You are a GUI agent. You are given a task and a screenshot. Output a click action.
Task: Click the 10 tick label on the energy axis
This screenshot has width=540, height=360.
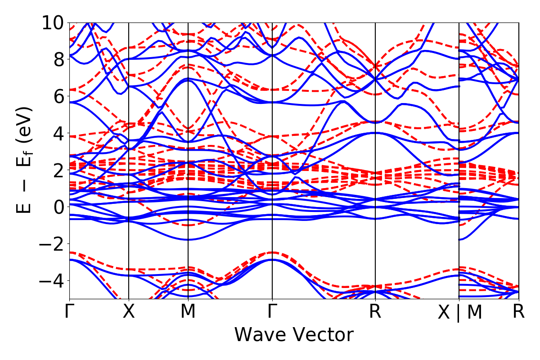point(53,22)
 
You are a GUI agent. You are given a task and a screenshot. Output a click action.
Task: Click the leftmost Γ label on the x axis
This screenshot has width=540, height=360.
point(69,312)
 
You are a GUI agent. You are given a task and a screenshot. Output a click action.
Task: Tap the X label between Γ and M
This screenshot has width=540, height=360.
point(129,312)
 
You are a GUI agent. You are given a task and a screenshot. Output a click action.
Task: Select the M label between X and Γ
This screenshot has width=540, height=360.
point(188,312)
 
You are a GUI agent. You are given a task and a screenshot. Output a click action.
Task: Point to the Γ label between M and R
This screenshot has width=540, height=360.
point(272,312)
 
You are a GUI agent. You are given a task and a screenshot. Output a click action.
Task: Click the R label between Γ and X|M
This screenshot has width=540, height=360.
point(375,312)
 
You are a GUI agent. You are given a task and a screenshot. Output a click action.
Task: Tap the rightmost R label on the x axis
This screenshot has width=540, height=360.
point(519,312)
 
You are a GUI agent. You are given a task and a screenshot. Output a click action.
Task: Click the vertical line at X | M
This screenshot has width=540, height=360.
point(459,135)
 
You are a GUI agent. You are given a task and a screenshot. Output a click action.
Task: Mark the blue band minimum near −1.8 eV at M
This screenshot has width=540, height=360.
point(188,240)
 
